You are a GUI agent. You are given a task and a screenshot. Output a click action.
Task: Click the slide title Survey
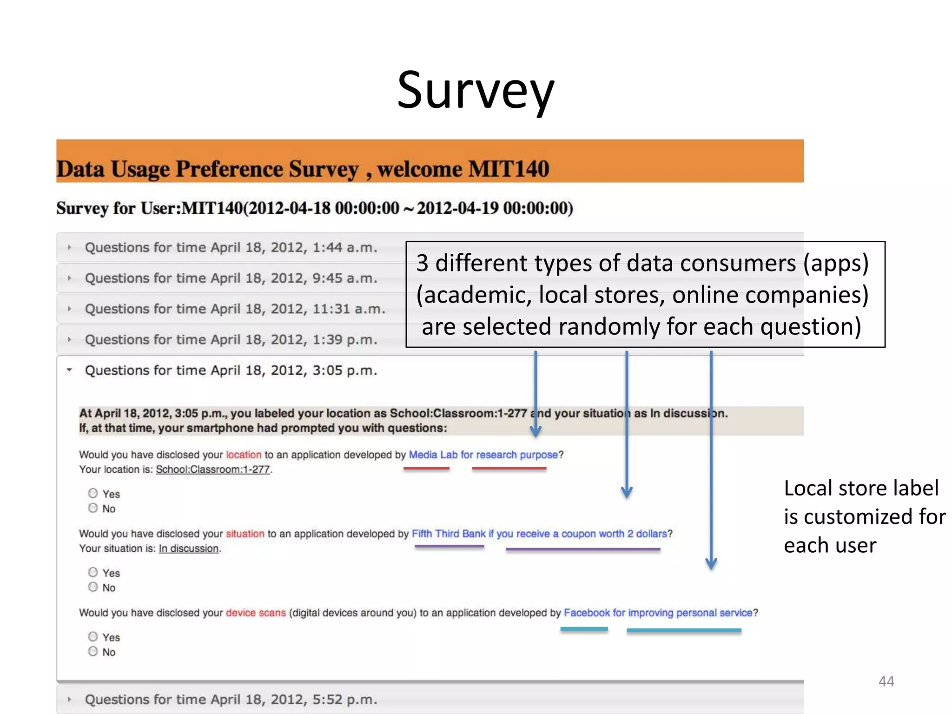point(476,91)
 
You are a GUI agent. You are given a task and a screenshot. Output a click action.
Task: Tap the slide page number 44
point(886,681)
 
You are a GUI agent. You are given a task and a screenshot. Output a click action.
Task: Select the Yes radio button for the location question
point(93,493)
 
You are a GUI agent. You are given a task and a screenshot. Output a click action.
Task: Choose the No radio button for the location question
point(93,508)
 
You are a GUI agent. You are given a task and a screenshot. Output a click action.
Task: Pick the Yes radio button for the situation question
point(93,572)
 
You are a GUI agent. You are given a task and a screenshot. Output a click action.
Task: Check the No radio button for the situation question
point(93,587)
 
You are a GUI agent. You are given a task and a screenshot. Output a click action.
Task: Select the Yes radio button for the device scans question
point(93,636)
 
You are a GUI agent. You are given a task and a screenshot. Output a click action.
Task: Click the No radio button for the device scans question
point(93,651)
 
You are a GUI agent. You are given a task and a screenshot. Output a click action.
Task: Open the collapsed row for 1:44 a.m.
point(231,247)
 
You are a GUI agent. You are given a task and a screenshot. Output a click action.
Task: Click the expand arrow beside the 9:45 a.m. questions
point(69,278)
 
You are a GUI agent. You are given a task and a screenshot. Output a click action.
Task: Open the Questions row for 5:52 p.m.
point(231,699)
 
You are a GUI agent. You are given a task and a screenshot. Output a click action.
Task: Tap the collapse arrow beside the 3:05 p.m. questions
point(69,370)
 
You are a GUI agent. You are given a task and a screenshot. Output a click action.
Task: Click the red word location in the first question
point(244,455)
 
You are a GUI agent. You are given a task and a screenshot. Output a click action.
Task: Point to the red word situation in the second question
point(245,534)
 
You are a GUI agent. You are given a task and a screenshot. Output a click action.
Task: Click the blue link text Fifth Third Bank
point(449,534)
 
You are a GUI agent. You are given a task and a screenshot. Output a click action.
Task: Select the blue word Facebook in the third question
point(587,613)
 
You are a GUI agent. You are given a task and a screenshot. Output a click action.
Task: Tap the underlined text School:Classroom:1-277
point(212,469)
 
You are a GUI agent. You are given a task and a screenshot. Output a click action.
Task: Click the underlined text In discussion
point(189,549)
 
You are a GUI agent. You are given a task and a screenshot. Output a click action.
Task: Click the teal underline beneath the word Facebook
point(584,629)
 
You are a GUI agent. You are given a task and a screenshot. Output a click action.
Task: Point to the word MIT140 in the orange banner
point(509,169)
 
